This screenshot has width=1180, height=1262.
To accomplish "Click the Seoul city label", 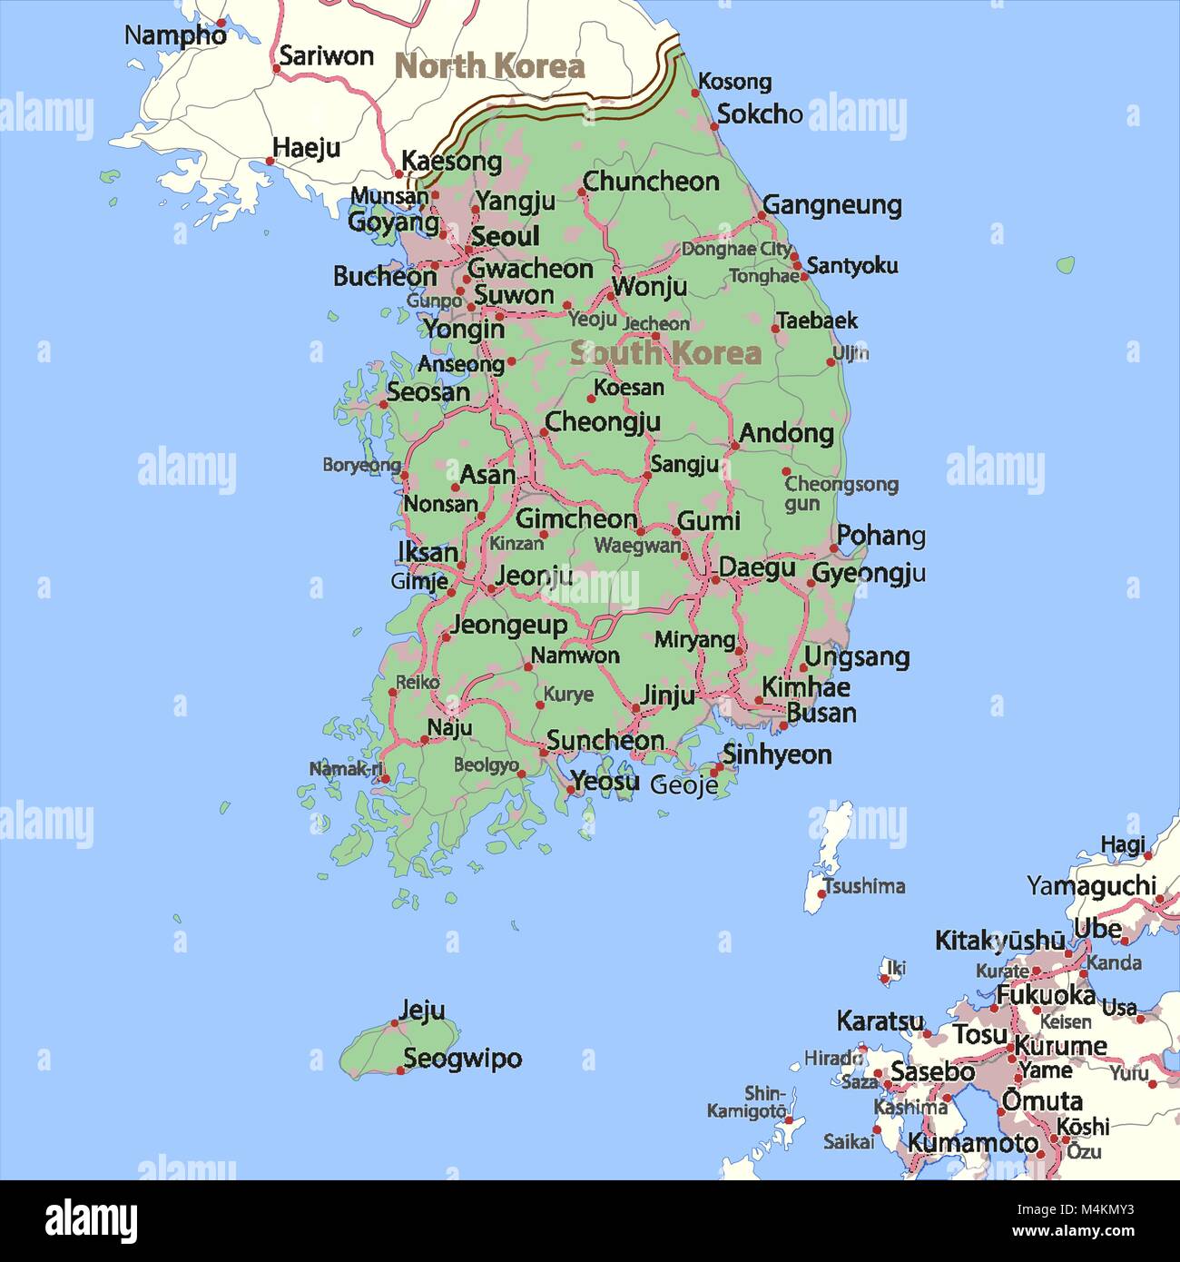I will pyautogui.click(x=505, y=237).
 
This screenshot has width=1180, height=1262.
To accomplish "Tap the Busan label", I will pyautogui.click(x=821, y=713).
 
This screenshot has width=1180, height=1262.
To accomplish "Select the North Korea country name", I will pyautogui.click(x=490, y=66).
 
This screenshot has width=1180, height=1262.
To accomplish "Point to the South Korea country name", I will pyautogui.click(x=665, y=353).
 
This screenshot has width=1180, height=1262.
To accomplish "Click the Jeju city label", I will pyautogui.click(x=422, y=1010).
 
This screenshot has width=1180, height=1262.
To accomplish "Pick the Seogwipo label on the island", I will pyautogui.click(x=462, y=1059).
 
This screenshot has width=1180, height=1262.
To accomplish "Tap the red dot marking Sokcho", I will pyautogui.click(x=714, y=126).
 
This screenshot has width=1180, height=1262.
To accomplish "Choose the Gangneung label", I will pyautogui.click(x=832, y=205).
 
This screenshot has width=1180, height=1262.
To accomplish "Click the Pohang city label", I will pyautogui.click(x=880, y=536).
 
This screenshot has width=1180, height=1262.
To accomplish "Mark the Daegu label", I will pyautogui.click(x=757, y=569).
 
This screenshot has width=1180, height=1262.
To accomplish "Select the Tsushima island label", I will pyautogui.click(x=863, y=885).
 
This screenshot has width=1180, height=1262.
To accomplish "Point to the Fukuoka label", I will pyautogui.click(x=1046, y=995).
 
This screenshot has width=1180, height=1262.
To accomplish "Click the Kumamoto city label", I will pyautogui.click(x=973, y=1142).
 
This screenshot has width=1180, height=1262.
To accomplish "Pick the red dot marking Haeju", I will pyautogui.click(x=270, y=161).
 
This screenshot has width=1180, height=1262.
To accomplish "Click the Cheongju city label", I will pyautogui.click(x=602, y=422).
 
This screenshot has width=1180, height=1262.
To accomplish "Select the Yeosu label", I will pyautogui.click(x=605, y=781).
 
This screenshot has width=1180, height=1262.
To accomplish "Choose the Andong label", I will pyautogui.click(x=786, y=433).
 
